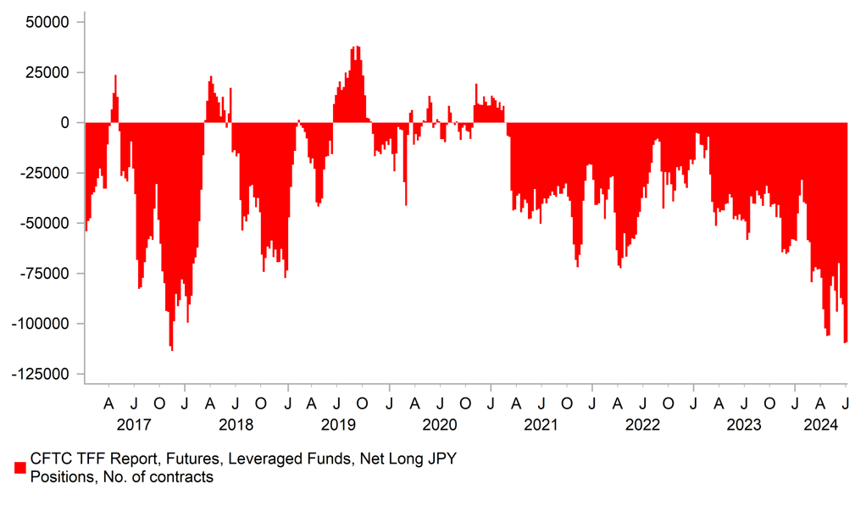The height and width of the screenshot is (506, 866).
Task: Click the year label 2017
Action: [134, 424]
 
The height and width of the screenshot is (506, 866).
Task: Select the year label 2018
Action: [236, 424]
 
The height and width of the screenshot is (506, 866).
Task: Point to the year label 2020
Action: [440, 424]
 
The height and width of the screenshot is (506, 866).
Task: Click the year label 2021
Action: [541, 424]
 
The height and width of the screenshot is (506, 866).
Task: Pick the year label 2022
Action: [643, 424]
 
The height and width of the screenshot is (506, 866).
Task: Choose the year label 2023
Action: [745, 424]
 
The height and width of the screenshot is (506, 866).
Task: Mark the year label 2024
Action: [821, 424]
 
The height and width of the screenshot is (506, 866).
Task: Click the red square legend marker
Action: [20, 468]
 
